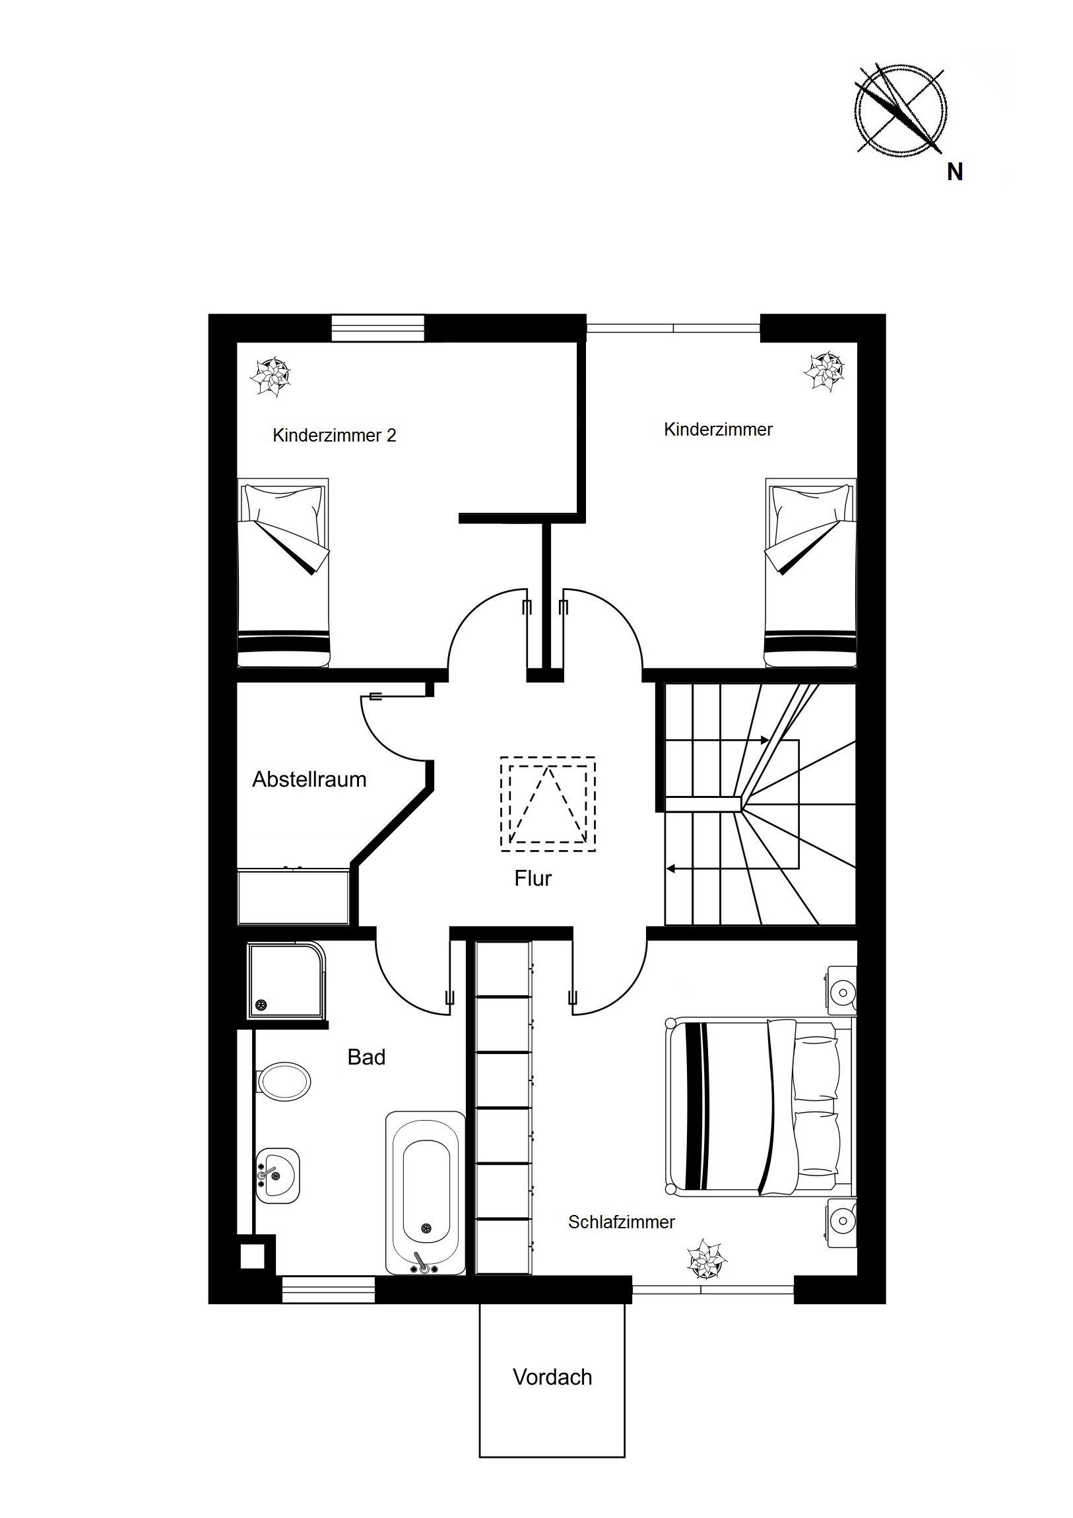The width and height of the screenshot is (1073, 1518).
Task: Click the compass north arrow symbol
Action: [900, 111]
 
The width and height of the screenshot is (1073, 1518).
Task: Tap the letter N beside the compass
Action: [955, 172]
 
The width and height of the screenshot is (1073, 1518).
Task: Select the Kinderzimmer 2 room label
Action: [334, 436]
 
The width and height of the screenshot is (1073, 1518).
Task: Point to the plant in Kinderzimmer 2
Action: [271, 378]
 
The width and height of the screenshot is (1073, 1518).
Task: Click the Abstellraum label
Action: [309, 779]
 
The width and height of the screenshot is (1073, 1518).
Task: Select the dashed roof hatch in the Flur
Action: [548, 803]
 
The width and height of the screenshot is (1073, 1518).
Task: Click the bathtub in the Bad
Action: [426, 1193]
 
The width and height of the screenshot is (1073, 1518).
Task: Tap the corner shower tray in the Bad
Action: [288, 982]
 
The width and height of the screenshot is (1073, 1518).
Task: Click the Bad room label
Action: [366, 1057]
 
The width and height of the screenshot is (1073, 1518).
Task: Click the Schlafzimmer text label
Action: [622, 1222]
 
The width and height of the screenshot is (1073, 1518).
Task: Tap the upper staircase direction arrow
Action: [717, 741]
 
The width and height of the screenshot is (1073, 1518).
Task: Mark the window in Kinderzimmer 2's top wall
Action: [378, 329]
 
